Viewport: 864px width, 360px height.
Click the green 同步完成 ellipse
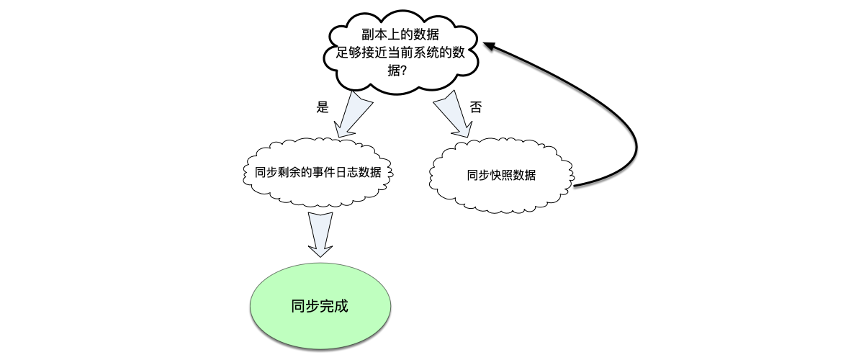coord(320,305)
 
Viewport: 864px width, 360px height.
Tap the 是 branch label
coord(323,107)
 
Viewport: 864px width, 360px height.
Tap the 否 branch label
coord(476,107)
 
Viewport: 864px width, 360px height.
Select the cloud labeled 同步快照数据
coord(501,175)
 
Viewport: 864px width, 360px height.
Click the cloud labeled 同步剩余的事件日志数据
coord(318,173)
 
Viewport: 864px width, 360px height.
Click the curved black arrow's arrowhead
coord(490,46)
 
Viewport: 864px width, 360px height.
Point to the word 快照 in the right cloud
coord(501,175)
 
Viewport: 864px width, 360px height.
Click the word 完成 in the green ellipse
coord(334,305)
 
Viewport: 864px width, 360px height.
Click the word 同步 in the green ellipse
coord(305,305)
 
